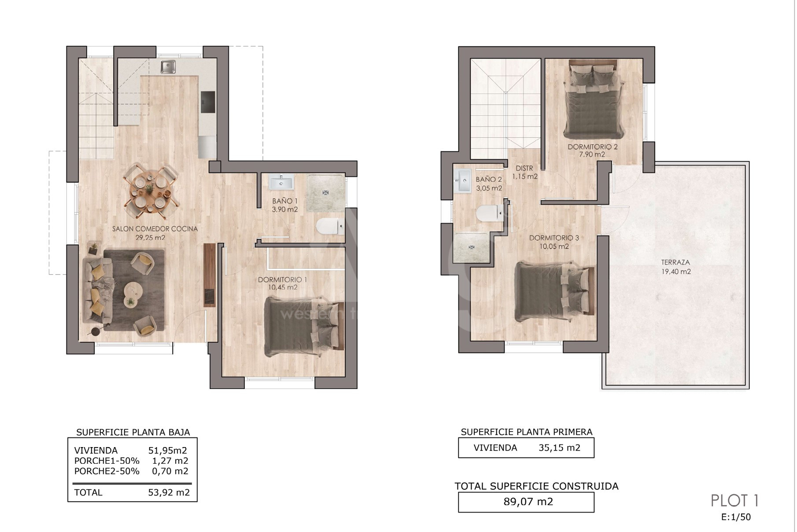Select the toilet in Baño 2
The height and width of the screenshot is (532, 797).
click(489, 213)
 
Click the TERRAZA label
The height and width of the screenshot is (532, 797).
click(675, 262)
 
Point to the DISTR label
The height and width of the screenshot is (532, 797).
click(524, 168)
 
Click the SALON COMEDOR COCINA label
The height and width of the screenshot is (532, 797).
click(155, 229)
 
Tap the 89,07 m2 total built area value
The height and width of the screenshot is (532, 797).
click(528, 502)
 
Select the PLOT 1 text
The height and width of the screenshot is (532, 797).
click(734, 501)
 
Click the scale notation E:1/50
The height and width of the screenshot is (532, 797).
click(736, 517)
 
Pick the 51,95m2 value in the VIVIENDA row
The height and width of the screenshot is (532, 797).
click(168, 450)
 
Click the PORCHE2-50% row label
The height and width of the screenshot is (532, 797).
click(107, 471)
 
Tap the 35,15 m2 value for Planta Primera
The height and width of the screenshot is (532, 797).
click(559, 448)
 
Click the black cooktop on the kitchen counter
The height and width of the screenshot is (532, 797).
click(208, 102)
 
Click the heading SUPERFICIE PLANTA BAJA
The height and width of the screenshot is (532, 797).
click(133, 433)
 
